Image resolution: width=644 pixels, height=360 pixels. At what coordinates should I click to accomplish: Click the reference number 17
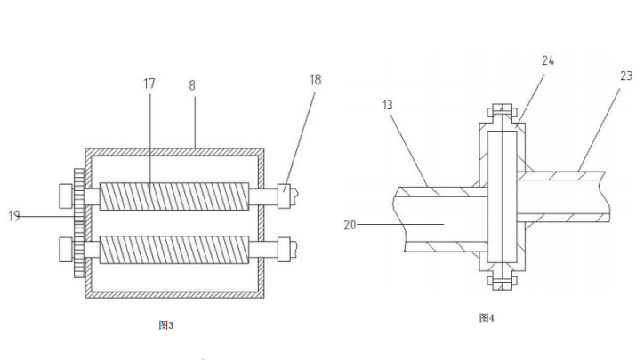point(149,84)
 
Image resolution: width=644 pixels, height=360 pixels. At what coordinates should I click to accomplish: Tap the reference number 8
point(193,85)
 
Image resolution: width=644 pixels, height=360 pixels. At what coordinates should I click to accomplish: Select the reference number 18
point(316,80)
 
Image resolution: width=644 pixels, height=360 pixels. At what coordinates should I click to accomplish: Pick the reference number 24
point(547,61)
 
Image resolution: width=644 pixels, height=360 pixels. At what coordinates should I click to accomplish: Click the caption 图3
point(165,325)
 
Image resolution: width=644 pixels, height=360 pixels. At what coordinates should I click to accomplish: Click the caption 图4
point(486,317)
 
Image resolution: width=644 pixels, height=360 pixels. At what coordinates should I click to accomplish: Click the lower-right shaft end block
point(284,248)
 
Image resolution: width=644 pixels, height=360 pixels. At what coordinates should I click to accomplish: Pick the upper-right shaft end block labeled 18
point(284,190)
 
